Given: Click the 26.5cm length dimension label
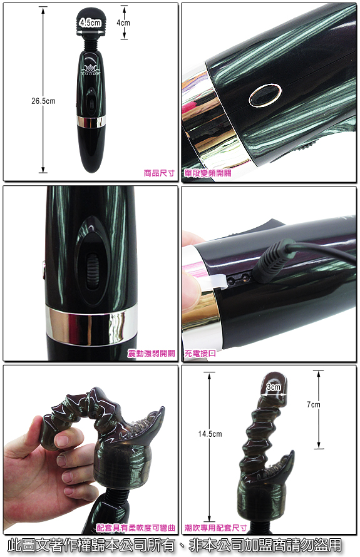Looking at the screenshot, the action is (x=43, y=101).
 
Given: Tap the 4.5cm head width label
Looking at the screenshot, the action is (x=90, y=23).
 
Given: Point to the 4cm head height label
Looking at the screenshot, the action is (x=123, y=23).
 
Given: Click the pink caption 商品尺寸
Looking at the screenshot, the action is (x=159, y=173).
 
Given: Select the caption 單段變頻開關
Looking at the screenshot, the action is (x=208, y=173).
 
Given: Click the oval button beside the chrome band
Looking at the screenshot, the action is (x=265, y=95).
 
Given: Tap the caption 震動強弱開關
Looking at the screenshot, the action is (x=152, y=353).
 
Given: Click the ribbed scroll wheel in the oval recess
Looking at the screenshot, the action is (x=93, y=271).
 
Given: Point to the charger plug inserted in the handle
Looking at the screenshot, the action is (x=275, y=261).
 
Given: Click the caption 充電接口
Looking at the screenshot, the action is (x=200, y=353).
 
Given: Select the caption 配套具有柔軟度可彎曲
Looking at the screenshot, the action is (x=136, y=528).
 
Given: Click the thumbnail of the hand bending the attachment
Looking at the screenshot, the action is (x=91, y=450).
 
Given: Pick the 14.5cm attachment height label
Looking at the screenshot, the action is (x=210, y=434).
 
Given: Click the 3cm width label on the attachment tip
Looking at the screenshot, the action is (x=274, y=387).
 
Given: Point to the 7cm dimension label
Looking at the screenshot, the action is (x=313, y=404).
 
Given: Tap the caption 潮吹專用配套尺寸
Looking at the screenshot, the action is (x=215, y=528).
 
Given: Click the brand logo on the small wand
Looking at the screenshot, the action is (x=91, y=69).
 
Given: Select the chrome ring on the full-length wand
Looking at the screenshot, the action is (x=91, y=121).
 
